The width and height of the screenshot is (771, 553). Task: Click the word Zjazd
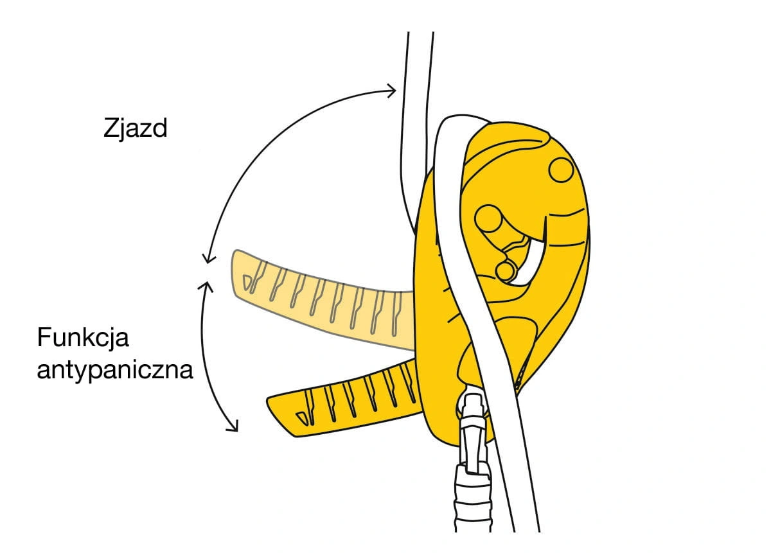(136, 128)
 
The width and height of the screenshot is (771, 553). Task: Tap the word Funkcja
(83, 338)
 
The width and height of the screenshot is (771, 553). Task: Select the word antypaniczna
(115, 371)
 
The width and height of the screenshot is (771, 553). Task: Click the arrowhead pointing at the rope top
(392, 91)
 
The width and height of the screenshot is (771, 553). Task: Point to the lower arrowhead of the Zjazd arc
(209, 258)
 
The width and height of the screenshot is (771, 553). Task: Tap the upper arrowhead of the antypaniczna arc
(206, 286)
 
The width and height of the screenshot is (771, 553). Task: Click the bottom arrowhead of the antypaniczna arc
(233, 426)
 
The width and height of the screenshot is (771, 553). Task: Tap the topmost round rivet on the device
(561, 170)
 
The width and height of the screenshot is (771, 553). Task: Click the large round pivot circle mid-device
(488, 218)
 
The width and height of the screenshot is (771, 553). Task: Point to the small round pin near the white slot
(505, 271)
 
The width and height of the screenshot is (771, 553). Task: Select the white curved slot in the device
(529, 261)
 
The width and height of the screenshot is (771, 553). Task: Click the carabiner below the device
(472, 461)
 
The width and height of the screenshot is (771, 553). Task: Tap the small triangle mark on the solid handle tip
(302, 419)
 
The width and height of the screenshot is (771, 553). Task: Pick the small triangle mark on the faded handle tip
(247, 282)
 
